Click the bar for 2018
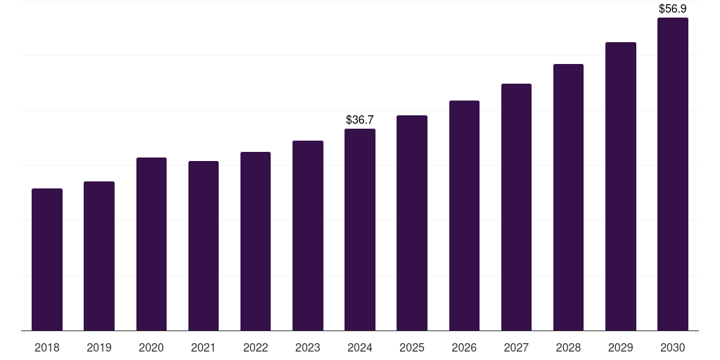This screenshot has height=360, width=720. [47, 259]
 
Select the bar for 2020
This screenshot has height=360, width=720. [151, 244]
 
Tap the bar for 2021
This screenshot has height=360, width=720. [203, 246]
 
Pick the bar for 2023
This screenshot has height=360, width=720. [308, 236]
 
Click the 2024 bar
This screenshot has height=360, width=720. [360, 230]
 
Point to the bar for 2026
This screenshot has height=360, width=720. [464, 216]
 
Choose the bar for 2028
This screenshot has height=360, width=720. [568, 198]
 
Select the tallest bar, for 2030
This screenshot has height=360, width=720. [673, 174]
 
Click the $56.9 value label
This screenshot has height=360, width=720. [673, 9]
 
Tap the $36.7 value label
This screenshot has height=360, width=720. [360, 120]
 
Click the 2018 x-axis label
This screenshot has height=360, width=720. [47, 347]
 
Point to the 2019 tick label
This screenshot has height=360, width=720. [99, 347]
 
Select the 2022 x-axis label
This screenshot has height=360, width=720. [255, 347]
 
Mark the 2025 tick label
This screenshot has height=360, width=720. [412, 347]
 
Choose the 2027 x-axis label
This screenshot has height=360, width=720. [516, 347]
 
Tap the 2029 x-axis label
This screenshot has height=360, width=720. [620, 347]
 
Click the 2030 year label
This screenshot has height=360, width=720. [673, 347]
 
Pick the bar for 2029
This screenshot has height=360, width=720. [620, 186]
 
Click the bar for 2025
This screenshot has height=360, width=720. [412, 223]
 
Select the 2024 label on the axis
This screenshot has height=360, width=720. [360, 347]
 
